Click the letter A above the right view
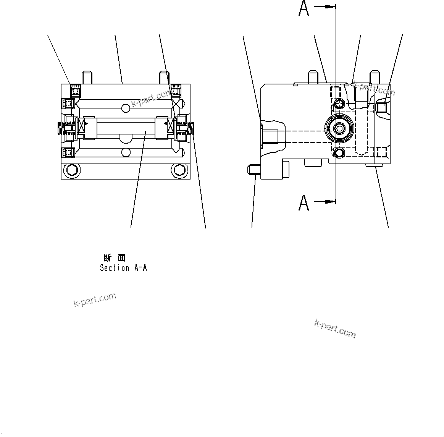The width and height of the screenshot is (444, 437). click(x=304, y=8)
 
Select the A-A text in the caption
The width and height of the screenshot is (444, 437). click(x=140, y=268)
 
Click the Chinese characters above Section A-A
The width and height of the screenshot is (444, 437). click(x=114, y=258)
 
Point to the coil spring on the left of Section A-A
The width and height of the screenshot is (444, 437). click(x=60, y=128)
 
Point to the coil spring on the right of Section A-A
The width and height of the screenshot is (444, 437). click(x=191, y=128)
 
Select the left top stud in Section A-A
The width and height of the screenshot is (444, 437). click(x=87, y=78)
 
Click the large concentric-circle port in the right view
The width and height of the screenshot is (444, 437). click(x=339, y=129)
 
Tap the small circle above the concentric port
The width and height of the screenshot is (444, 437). click(x=339, y=104)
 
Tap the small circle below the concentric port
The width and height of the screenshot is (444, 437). click(x=339, y=153)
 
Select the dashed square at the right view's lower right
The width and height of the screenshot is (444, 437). click(x=381, y=152)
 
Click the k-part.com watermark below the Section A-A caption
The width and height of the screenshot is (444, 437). click(x=95, y=300)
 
